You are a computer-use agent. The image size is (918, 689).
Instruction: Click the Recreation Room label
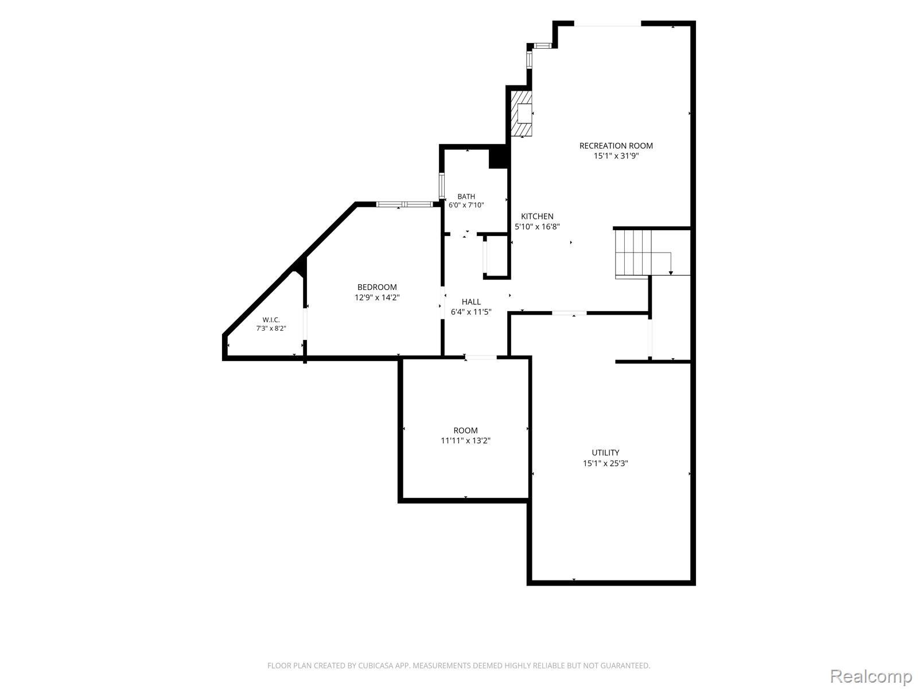coord(616,146)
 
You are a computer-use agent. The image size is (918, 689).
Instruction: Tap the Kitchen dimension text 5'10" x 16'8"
coord(537,227)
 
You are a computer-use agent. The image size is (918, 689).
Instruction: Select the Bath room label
coord(466,196)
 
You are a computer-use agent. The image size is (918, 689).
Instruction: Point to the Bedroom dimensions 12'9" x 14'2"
coord(377,297)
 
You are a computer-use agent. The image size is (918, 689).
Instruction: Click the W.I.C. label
coord(271,320)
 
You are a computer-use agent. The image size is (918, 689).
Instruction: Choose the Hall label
coord(471,301)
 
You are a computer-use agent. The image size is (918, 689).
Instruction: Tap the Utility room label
coord(605,452)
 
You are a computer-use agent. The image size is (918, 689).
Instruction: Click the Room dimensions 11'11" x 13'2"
coord(465,440)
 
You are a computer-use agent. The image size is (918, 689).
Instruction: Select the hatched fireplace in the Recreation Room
coord(521,114)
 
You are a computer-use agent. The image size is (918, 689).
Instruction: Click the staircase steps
coord(633,253)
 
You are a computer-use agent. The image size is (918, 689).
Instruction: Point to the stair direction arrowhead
coord(671,273)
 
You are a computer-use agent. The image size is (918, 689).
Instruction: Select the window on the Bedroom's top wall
coord(404,204)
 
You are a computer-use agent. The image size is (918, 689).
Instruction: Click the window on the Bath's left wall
coord(441,185)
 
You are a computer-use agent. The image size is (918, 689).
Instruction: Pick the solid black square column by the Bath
coord(498,156)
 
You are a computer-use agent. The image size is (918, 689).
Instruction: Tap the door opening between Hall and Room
coord(481,357)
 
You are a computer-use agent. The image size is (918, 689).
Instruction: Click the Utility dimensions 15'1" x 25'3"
coord(605,463)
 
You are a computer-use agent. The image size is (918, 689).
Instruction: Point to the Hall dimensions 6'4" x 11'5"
coord(471,312)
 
